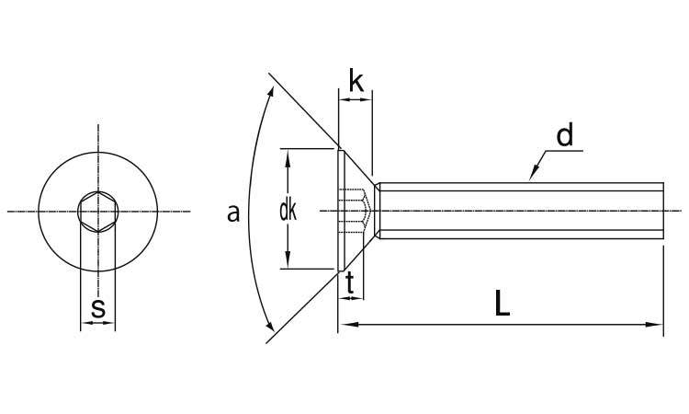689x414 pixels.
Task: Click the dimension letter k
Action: [x=356, y=80]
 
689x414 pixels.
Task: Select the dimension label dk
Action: [x=288, y=212]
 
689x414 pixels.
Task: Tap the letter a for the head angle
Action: [x=233, y=213]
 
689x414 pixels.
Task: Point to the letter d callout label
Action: [x=565, y=134]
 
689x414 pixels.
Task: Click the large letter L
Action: [x=502, y=303]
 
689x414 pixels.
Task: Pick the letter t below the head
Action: [x=350, y=283]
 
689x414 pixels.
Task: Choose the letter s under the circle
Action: [x=98, y=308]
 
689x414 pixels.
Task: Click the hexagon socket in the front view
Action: [x=98, y=212]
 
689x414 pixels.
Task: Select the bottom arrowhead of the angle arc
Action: [x=270, y=326]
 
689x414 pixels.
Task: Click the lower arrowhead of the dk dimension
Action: [x=288, y=259]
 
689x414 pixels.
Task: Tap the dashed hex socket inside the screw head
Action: [x=355, y=212]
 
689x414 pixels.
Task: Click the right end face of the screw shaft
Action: [x=663, y=211]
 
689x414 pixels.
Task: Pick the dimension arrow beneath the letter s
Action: [x=98, y=323]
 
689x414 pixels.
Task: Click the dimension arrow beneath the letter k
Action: [x=356, y=100]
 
